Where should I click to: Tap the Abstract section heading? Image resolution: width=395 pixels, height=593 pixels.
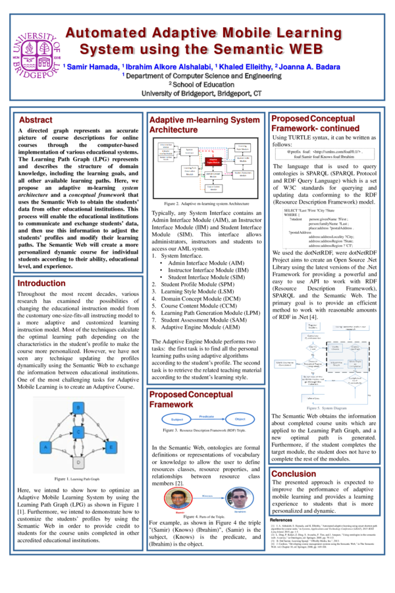click(x=36, y=120)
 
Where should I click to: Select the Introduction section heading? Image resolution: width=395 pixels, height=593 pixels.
click(x=41, y=283)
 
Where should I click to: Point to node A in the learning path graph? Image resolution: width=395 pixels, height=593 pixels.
click(x=45, y=447)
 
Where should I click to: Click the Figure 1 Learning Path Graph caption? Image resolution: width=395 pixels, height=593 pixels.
click(x=78, y=478)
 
